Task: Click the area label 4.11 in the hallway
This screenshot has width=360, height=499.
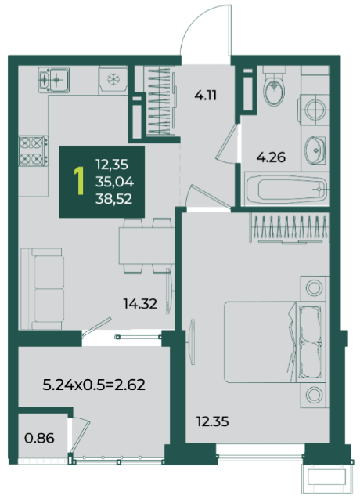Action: [206, 95]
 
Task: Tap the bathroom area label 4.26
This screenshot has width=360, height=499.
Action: [271, 157]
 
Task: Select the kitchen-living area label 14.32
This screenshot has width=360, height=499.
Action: [140, 304]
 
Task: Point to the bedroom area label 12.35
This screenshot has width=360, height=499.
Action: [212, 421]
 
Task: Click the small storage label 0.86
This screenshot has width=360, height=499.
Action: [39, 438]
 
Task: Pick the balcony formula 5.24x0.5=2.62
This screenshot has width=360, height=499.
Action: [94, 385]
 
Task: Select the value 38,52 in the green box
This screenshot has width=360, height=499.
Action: [113, 199]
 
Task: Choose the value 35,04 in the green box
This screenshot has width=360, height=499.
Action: [114, 182]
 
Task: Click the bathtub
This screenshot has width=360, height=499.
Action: [286, 190]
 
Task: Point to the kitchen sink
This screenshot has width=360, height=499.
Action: [54, 80]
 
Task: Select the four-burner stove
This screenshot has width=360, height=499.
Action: [33, 151]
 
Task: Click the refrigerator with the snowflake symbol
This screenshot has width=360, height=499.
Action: [113, 80]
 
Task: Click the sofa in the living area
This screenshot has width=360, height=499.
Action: [42, 289]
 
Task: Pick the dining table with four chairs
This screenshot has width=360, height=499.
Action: [147, 246]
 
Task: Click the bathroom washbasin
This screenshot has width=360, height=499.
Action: [315, 150]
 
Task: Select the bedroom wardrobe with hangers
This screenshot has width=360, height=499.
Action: [290, 229]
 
